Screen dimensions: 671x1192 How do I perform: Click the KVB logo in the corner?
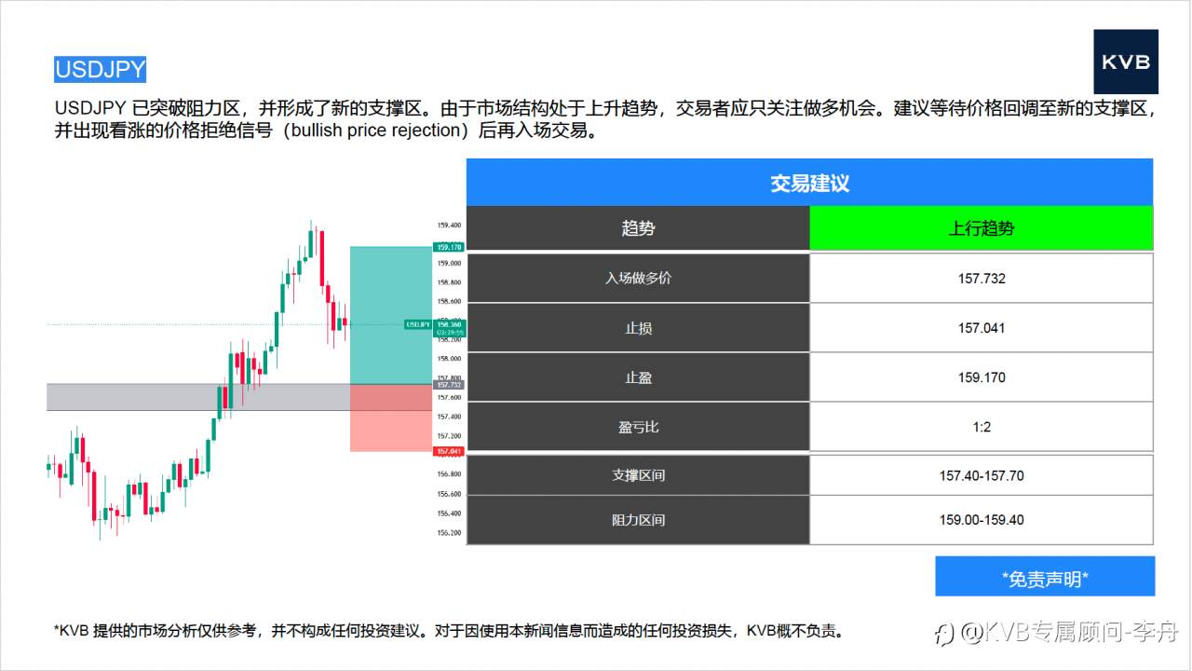(x=1125, y=62)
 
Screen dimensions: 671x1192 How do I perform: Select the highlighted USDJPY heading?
(x=100, y=70)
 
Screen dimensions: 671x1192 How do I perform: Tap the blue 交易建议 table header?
(x=809, y=183)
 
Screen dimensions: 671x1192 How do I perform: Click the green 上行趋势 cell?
(x=981, y=228)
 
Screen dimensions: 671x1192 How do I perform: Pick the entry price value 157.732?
(x=981, y=278)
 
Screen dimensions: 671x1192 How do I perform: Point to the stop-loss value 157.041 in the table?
(x=981, y=328)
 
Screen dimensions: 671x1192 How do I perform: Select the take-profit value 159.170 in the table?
(x=981, y=377)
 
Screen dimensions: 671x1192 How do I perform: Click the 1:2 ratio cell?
(x=981, y=427)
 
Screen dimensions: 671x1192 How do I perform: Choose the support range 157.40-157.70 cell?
(x=981, y=475)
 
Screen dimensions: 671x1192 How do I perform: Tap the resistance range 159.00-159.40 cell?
(x=981, y=520)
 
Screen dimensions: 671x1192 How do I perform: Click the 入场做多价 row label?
(x=638, y=278)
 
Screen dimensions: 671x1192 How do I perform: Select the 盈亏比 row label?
(x=638, y=427)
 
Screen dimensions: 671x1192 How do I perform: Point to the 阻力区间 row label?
(x=638, y=520)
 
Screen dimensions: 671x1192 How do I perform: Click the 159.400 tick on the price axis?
(x=449, y=226)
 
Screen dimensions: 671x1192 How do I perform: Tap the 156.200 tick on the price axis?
(x=449, y=533)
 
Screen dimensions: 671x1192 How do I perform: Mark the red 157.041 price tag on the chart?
(x=449, y=452)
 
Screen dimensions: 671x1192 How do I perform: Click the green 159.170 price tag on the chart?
(x=449, y=247)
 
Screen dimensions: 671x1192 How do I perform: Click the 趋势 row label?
(x=638, y=228)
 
